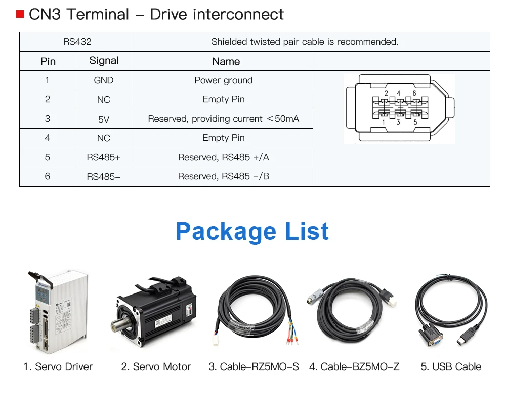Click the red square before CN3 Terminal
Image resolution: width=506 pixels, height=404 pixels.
(20, 14)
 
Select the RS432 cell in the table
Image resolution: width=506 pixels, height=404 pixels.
(77, 42)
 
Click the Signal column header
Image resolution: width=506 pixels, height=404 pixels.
(104, 61)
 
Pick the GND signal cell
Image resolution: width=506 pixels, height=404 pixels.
(104, 80)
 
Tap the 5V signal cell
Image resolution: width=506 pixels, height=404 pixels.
(104, 119)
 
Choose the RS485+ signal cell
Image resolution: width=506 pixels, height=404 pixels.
(104, 157)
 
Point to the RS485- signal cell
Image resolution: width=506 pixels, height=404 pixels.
(104, 177)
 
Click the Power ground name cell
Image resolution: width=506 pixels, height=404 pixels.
(223, 80)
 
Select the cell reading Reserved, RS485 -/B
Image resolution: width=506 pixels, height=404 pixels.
(223, 176)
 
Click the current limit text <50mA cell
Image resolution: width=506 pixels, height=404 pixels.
(223, 119)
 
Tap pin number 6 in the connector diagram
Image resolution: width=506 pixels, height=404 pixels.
(414, 93)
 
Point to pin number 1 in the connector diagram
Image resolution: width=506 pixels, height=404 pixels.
(384, 122)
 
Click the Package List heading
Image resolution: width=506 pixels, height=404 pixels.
(252, 231)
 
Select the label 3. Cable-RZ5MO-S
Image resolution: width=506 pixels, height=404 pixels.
(254, 366)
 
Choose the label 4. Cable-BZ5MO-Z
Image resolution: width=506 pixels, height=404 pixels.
(354, 366)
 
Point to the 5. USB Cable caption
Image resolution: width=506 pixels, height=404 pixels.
(451, 366)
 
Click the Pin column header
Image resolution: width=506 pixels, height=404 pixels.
(48, 61)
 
